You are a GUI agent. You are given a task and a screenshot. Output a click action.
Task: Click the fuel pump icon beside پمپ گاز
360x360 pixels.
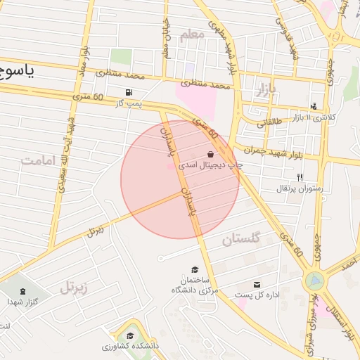127,92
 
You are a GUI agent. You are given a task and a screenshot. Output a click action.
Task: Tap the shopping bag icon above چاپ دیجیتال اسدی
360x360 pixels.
211,154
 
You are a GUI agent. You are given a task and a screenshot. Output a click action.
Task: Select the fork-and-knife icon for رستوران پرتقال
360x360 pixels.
300,177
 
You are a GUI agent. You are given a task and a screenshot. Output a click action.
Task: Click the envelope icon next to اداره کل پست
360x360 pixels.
257,284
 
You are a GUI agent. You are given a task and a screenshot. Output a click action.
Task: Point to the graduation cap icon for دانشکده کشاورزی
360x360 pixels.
130,335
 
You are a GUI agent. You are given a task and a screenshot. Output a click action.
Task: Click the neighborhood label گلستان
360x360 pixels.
241,239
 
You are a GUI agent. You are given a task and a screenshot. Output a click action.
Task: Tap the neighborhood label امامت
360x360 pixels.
37,160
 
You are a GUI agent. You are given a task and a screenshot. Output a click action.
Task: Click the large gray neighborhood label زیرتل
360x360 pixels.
77,286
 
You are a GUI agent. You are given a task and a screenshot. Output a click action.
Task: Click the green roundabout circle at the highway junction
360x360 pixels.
314,282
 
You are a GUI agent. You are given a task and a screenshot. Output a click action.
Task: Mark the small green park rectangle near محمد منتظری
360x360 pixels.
121,57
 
